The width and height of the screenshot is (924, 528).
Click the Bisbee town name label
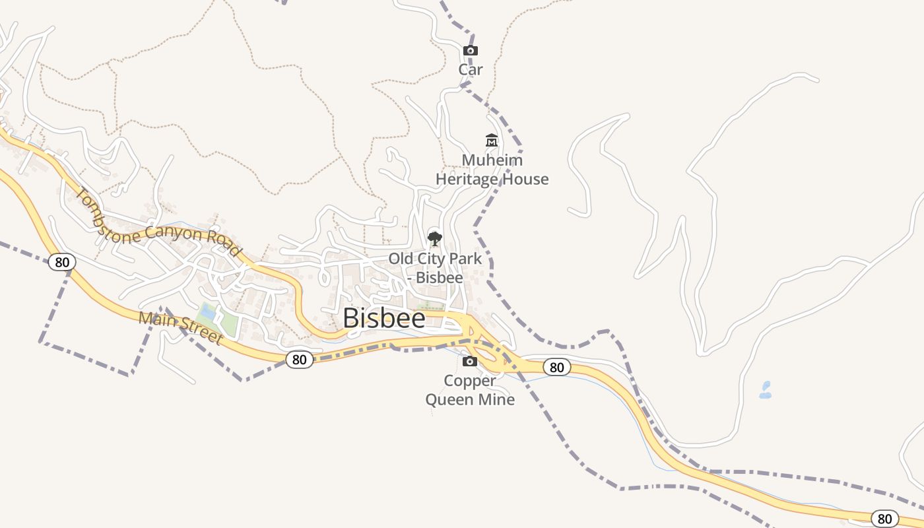(384, 318)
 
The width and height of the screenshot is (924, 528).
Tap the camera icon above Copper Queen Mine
(470, 361)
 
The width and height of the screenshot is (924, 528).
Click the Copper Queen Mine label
(470, 390)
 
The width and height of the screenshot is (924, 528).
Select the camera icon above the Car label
(471, 50)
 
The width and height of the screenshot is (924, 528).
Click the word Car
(471, 69)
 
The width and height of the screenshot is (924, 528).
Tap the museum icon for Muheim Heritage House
(492, 140)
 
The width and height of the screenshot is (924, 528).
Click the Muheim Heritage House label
(492, 170)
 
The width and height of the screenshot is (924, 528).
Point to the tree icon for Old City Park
(434, 238)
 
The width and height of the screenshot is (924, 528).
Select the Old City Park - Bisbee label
(435, 267)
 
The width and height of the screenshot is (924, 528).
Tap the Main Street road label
(180, 328)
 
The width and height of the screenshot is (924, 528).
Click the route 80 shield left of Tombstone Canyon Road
(61, 262)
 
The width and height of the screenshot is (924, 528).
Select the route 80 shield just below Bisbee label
(300, 359)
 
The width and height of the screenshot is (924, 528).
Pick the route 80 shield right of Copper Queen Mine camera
(556, 367)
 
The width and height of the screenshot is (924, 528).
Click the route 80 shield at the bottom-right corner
(884, 519)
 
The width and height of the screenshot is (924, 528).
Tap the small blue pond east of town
(766, 390)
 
